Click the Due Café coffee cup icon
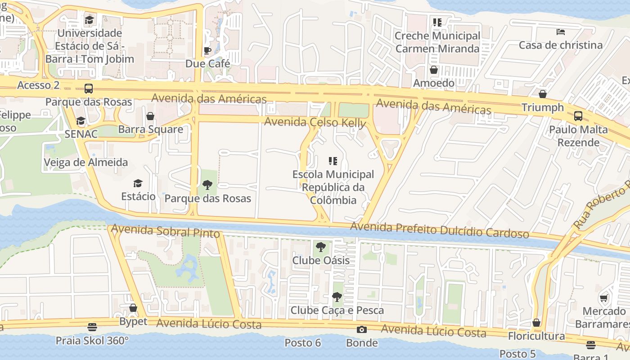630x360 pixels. pyautogui.click(x=207, y=50)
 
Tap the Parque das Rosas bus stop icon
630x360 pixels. pyautogui.click(x=89, y=89)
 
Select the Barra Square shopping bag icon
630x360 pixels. pyautogui.click(x=150, y=117)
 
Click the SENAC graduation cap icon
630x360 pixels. pyautogui.click(x=81, y=121)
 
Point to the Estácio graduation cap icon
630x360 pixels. pyautogui.click(x=138, y=183)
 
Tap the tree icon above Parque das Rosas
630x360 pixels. pyautogui.click(x=207, y=184)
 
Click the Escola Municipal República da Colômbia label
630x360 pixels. pyautogui.click(x=333, y=187)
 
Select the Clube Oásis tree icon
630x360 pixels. pyautogui.click(x=321, y=247)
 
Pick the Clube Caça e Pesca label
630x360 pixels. pyautogui.click(x=337, y=310)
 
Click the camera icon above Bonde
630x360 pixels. pyautogui.click(x=361, y=330)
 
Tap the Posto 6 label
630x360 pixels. pyautogui.click(x=302, y=343)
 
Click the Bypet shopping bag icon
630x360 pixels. pyautogui.click(x=133, y=308)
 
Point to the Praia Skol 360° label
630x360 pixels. pyautogui.click(x=92, y=340)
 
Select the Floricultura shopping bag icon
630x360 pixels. pyautogui.click(x=536, y=323)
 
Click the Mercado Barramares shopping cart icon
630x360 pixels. pyautogui.click(x=603, y=298)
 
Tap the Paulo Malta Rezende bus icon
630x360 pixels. pyautogui.click(x=578, y=116)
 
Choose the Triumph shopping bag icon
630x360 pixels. pyautogui.click(x=543, y=94)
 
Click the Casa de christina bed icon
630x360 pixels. pyautogui.click(x=561, y=32)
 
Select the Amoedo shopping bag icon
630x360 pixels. pyautogui.click(x=434, y=70)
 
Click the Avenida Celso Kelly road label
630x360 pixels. pyautogui.click(x=315, y=122)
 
